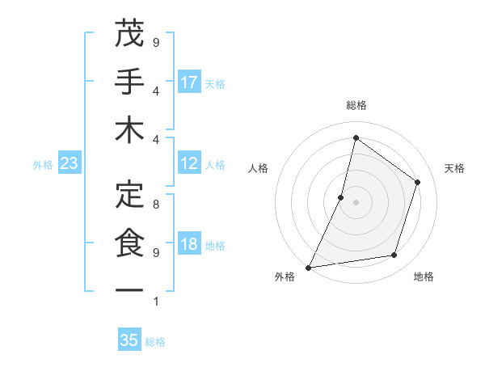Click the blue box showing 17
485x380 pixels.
tap(189, 82)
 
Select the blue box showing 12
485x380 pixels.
tap(189, 163)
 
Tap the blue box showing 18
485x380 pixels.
tap(189, 244)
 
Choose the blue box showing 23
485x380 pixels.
tap(69, 164)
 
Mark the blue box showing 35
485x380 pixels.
tap(129, 340)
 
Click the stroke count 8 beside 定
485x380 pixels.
tap(156, 205)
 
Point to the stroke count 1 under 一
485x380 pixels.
tap(156, 302)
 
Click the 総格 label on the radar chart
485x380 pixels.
tap(356, 105)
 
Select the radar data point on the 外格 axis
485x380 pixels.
tap(308, 267)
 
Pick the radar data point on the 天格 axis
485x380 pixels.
tap(418, 182)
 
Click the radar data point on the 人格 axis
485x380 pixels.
tap(341, 197)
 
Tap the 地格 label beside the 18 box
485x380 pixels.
tap(215, 245)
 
